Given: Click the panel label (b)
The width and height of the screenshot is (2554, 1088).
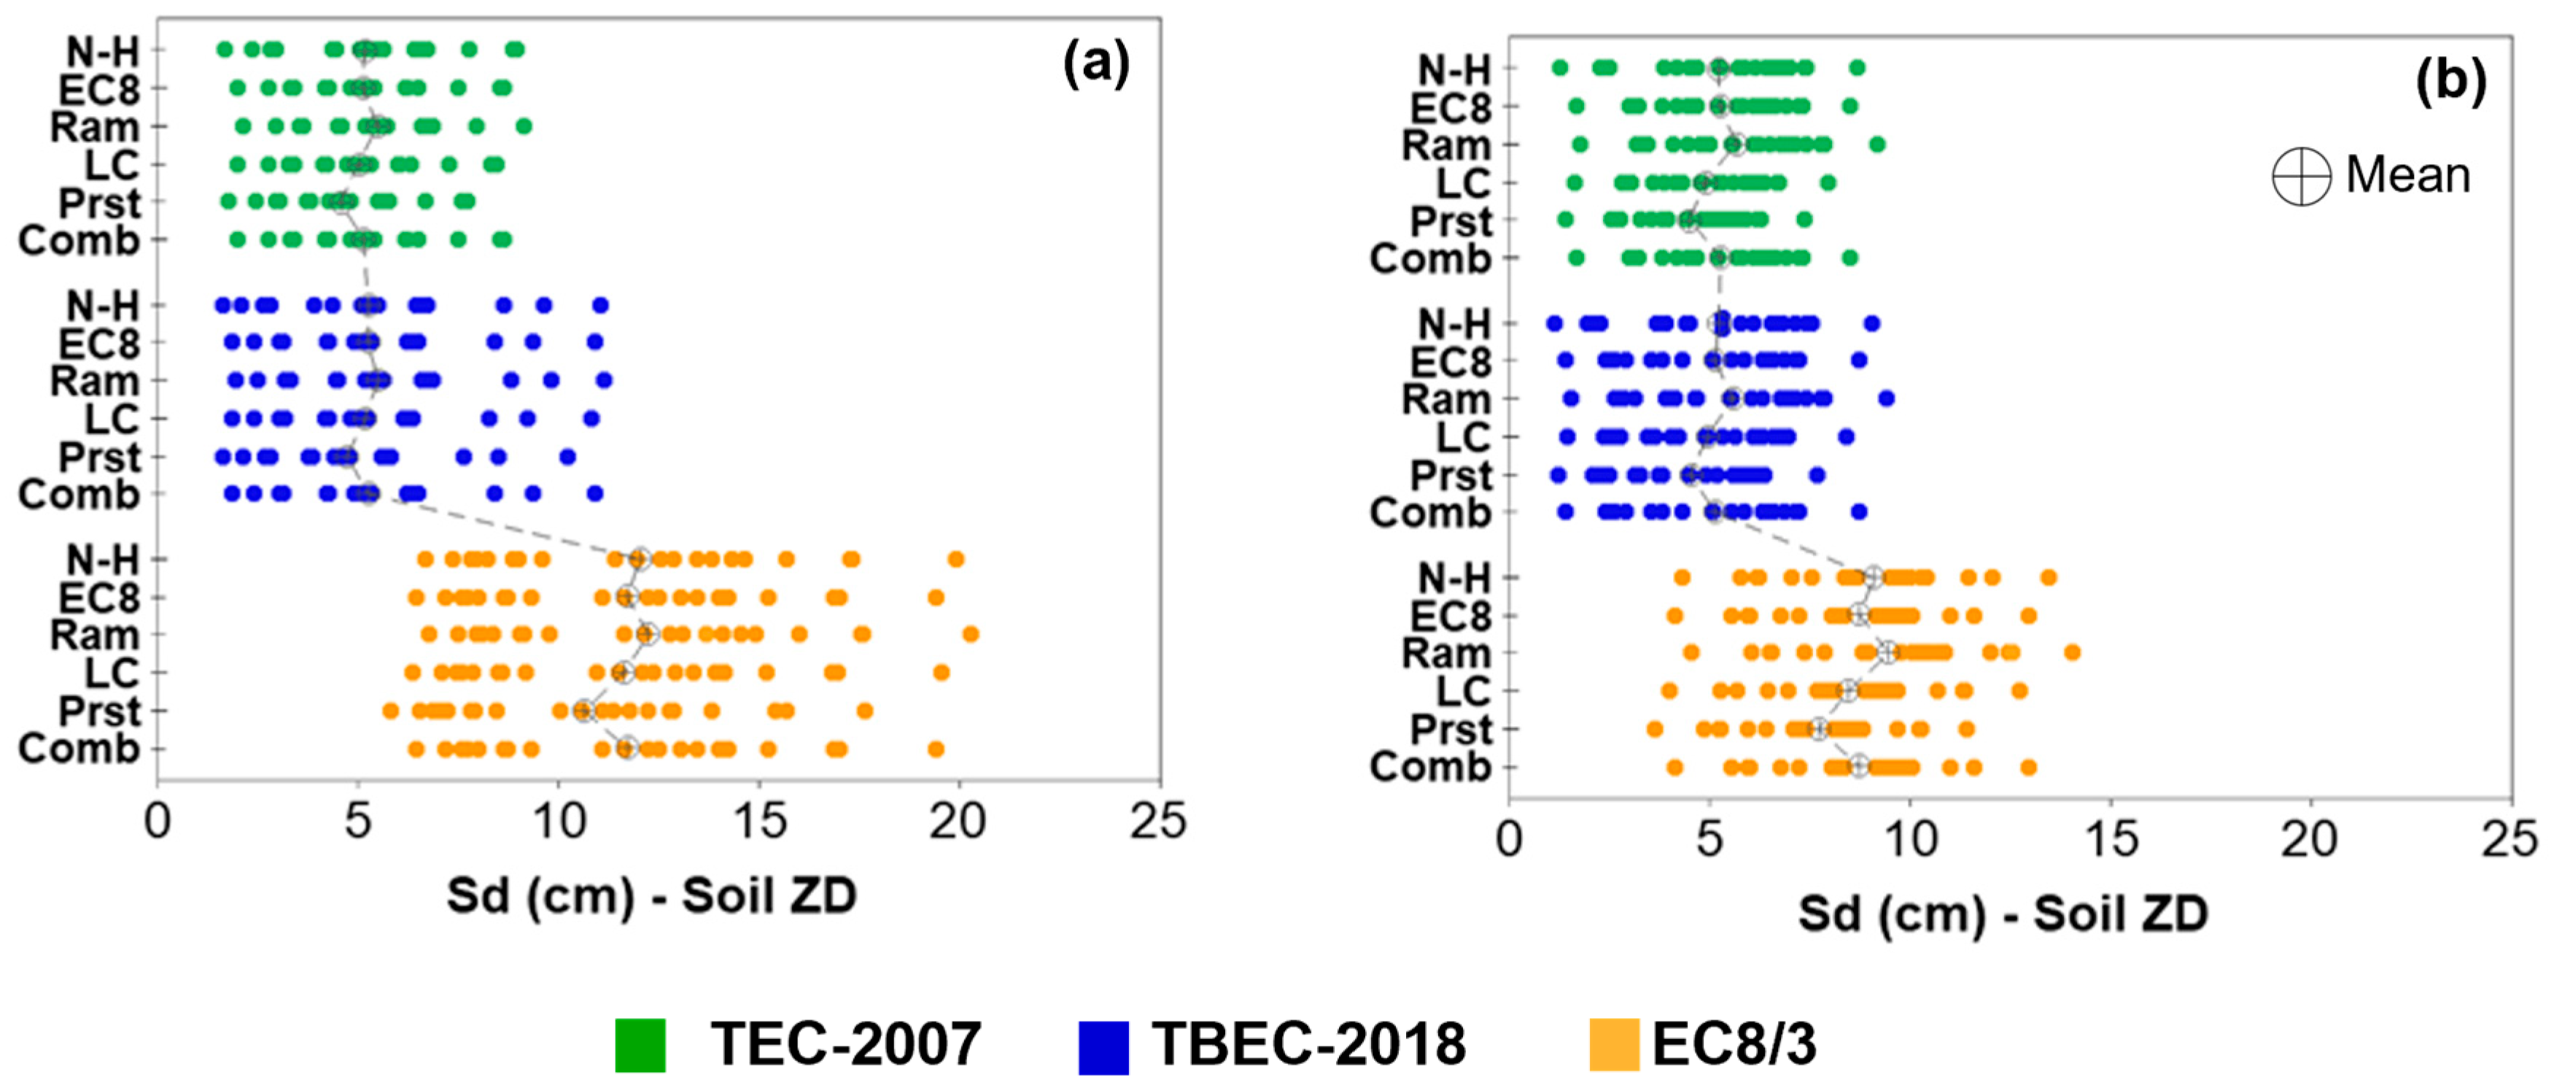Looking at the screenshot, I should [x=2450, y=81].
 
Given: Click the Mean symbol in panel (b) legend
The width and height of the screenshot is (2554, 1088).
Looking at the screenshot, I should [x=2300, y=177].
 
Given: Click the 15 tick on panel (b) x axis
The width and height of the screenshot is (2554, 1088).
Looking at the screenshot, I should [x=2111, y=840].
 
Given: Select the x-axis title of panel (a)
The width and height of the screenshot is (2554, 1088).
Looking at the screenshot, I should [x=651, y=895].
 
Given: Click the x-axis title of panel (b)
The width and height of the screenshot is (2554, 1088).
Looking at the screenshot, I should [x=2003, y=914].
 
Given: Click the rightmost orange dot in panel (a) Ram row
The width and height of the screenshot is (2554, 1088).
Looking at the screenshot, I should [x=971, y=635].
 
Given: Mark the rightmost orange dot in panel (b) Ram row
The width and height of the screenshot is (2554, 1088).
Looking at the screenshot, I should [x=2072, y=652].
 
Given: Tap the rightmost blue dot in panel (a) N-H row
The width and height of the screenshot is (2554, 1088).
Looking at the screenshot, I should [x=599, y=306].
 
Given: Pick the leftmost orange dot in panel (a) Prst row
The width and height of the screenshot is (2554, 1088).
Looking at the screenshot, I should [x=391, y=711].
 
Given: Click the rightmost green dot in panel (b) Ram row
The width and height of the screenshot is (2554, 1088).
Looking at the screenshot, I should [x=1876, y=144].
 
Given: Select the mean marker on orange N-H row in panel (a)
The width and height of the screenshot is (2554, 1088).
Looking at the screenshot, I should [x=640, y=560].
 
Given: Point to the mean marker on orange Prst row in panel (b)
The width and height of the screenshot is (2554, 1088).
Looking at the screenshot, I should [x=1818, y=730].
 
